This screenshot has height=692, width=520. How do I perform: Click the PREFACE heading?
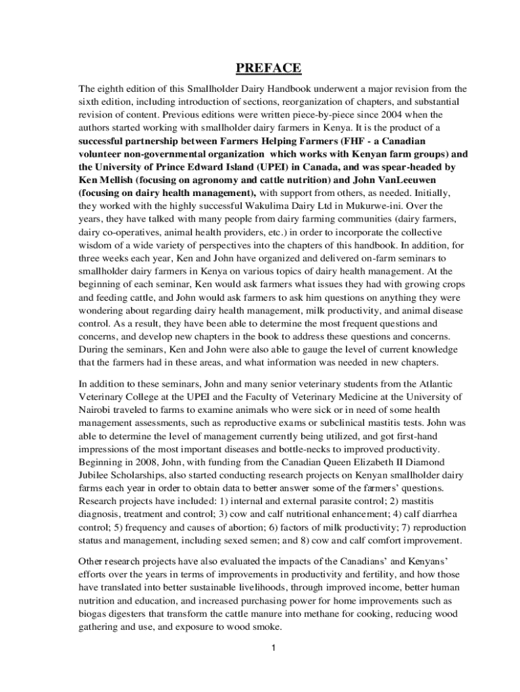coord(268,68)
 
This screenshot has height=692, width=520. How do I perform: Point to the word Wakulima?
coord(269,205)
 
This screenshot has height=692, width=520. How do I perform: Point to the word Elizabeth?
coord(388,463)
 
